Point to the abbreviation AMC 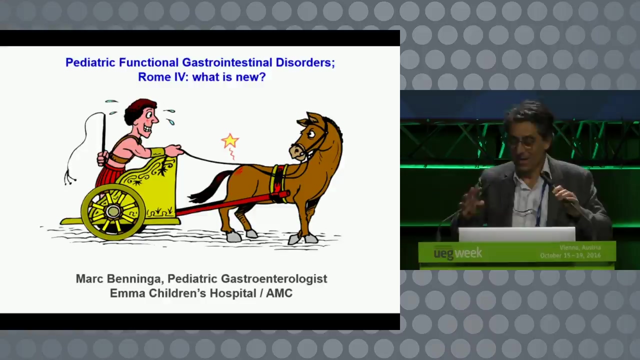click(x=279, y=293)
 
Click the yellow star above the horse click(x=229, y=141)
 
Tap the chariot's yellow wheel click(x=113, y=211)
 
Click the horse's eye click(x=311, y=133)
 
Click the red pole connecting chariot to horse click(x=231, y=203)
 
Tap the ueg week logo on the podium click(x=457, y=253)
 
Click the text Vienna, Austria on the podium click(x=580, y=247)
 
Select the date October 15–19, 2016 click(x=570, y=255)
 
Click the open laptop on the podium click(x=517, y=234)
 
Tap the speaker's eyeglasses click(x=523, y=142)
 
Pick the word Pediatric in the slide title click(x=90, y=62)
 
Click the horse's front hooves click(x=303, y=239)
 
